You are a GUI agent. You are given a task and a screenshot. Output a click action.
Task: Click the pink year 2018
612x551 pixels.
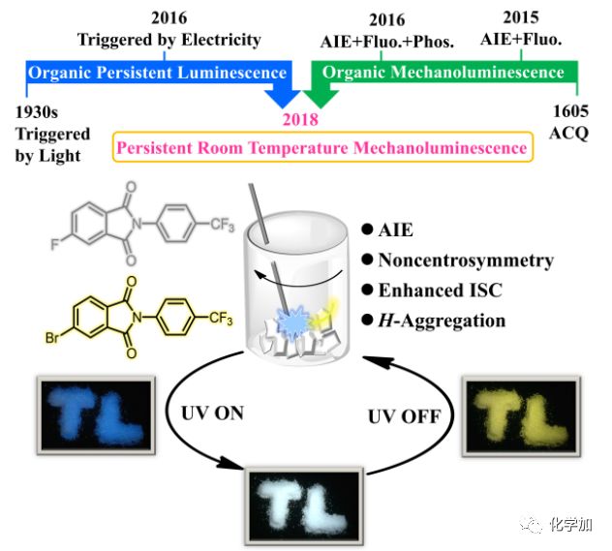(299, 119)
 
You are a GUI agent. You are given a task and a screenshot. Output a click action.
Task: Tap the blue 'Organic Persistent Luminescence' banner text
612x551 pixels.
(158, 73)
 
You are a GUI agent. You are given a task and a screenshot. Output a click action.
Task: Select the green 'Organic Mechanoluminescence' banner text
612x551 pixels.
(443, 73)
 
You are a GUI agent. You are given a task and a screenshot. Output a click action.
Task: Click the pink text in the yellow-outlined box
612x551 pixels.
(321, 147)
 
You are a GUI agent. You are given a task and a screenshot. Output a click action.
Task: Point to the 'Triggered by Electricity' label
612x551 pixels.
(169, 40)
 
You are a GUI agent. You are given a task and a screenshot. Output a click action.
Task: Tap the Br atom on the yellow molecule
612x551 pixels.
(49, 340)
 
